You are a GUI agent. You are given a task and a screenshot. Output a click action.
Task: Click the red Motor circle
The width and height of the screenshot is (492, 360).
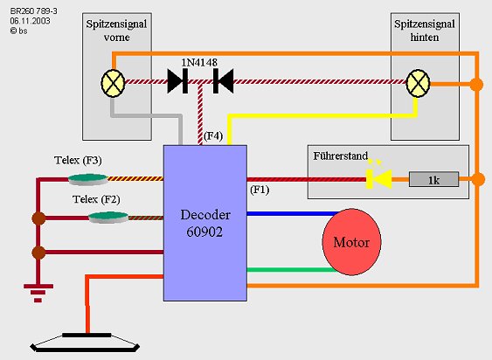coord(352,242)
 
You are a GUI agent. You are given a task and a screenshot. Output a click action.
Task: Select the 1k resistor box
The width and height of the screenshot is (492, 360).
coord(433,179)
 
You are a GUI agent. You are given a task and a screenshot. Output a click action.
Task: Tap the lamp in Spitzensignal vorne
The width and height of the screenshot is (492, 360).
coord(113,83)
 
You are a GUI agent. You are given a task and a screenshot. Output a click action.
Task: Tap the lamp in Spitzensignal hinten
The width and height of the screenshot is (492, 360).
coord(418,83)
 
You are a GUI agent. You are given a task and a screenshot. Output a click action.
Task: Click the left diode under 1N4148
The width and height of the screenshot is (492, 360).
coord(177,81)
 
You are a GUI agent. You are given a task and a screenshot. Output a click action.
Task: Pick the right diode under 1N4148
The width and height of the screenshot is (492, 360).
coord(223,81)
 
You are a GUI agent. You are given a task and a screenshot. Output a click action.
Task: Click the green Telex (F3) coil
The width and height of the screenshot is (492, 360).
coord(88,179)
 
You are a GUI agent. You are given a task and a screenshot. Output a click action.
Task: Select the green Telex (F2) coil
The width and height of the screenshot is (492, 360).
coord(108,218)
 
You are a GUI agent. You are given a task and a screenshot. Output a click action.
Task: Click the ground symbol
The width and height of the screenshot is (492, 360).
coord(38,293)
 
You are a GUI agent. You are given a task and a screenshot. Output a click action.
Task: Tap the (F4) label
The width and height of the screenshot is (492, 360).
coord(213,136)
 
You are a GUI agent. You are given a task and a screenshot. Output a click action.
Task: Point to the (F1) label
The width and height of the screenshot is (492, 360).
coord(260,190)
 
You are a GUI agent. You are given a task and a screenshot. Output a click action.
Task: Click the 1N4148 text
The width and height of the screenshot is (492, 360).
coord(199,62)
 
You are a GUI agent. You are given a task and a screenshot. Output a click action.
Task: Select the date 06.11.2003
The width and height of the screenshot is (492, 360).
coord(30,21)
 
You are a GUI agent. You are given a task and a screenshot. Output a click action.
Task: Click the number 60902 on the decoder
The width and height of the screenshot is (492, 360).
coord(204,232)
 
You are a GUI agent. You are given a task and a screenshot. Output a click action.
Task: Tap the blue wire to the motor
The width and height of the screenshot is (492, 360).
coord(294,214)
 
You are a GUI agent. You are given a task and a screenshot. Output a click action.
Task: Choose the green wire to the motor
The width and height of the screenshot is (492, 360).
coord(292,270)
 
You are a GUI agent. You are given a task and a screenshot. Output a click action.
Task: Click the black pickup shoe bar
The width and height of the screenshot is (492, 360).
coord(87,335)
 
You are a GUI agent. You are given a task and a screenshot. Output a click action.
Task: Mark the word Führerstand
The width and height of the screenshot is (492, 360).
coord(341,156)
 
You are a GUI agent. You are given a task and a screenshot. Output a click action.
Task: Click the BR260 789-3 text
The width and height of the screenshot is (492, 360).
coord(34,11)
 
